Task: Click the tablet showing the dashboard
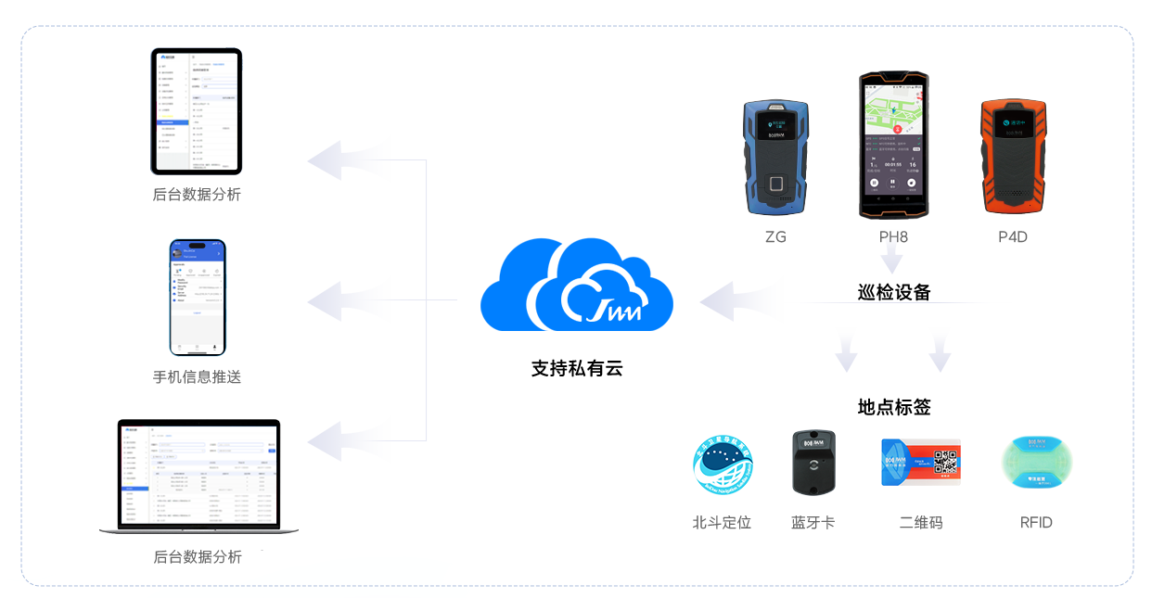click(197, 111)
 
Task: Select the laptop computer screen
click(199, 474)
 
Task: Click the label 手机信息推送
click(197, 376)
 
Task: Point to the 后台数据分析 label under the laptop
click(197, 556)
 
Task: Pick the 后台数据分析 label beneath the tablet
click(197, 195)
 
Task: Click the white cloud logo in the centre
click(616, 296)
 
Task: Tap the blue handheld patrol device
click(775, 158)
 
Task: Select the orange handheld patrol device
click(1013, 157)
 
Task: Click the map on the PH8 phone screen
click(893, 113)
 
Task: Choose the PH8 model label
click(893, 237)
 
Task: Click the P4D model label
click(1013, 237)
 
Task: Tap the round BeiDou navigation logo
click(723, 465)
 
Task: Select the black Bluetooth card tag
click(813, 462)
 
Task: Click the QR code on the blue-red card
click(944, 462)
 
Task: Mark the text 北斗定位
click(722, 523)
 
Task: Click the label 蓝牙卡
click(813, 523)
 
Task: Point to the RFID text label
click(1036, 523)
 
